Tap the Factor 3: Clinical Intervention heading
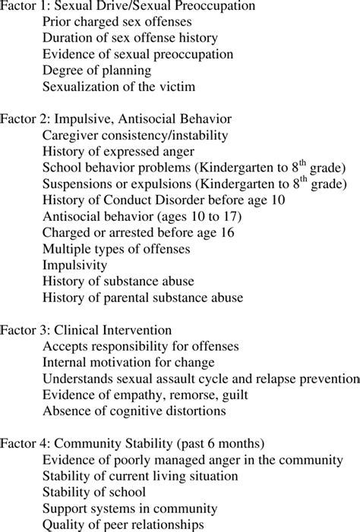(x=85, y=330)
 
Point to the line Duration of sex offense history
(x=130, y=39)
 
